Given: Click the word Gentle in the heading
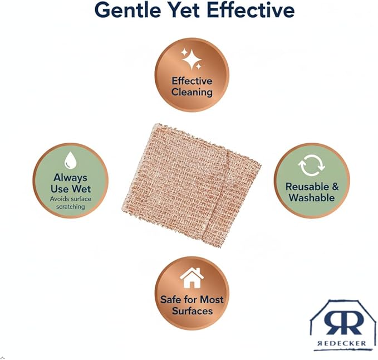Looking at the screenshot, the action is point(128,10).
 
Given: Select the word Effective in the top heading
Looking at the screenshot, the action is point(251,9).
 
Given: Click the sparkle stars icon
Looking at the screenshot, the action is point(192,59).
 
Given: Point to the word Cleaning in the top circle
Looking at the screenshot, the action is point(192,92).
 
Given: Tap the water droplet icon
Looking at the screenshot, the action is point(70,160).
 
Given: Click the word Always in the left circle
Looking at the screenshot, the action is point(70,178).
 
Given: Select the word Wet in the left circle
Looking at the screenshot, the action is point(81,189).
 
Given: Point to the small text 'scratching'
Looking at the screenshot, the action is point(70,207).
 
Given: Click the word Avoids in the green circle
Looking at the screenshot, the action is point(58,199).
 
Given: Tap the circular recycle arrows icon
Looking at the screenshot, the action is point(311,166).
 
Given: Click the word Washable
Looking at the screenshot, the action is point(311,198).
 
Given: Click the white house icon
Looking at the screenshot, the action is point(192,278).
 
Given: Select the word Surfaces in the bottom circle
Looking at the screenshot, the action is point(192,311).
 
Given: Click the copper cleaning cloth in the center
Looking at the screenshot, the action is point(191,186).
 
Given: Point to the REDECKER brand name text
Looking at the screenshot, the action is point(342,343).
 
